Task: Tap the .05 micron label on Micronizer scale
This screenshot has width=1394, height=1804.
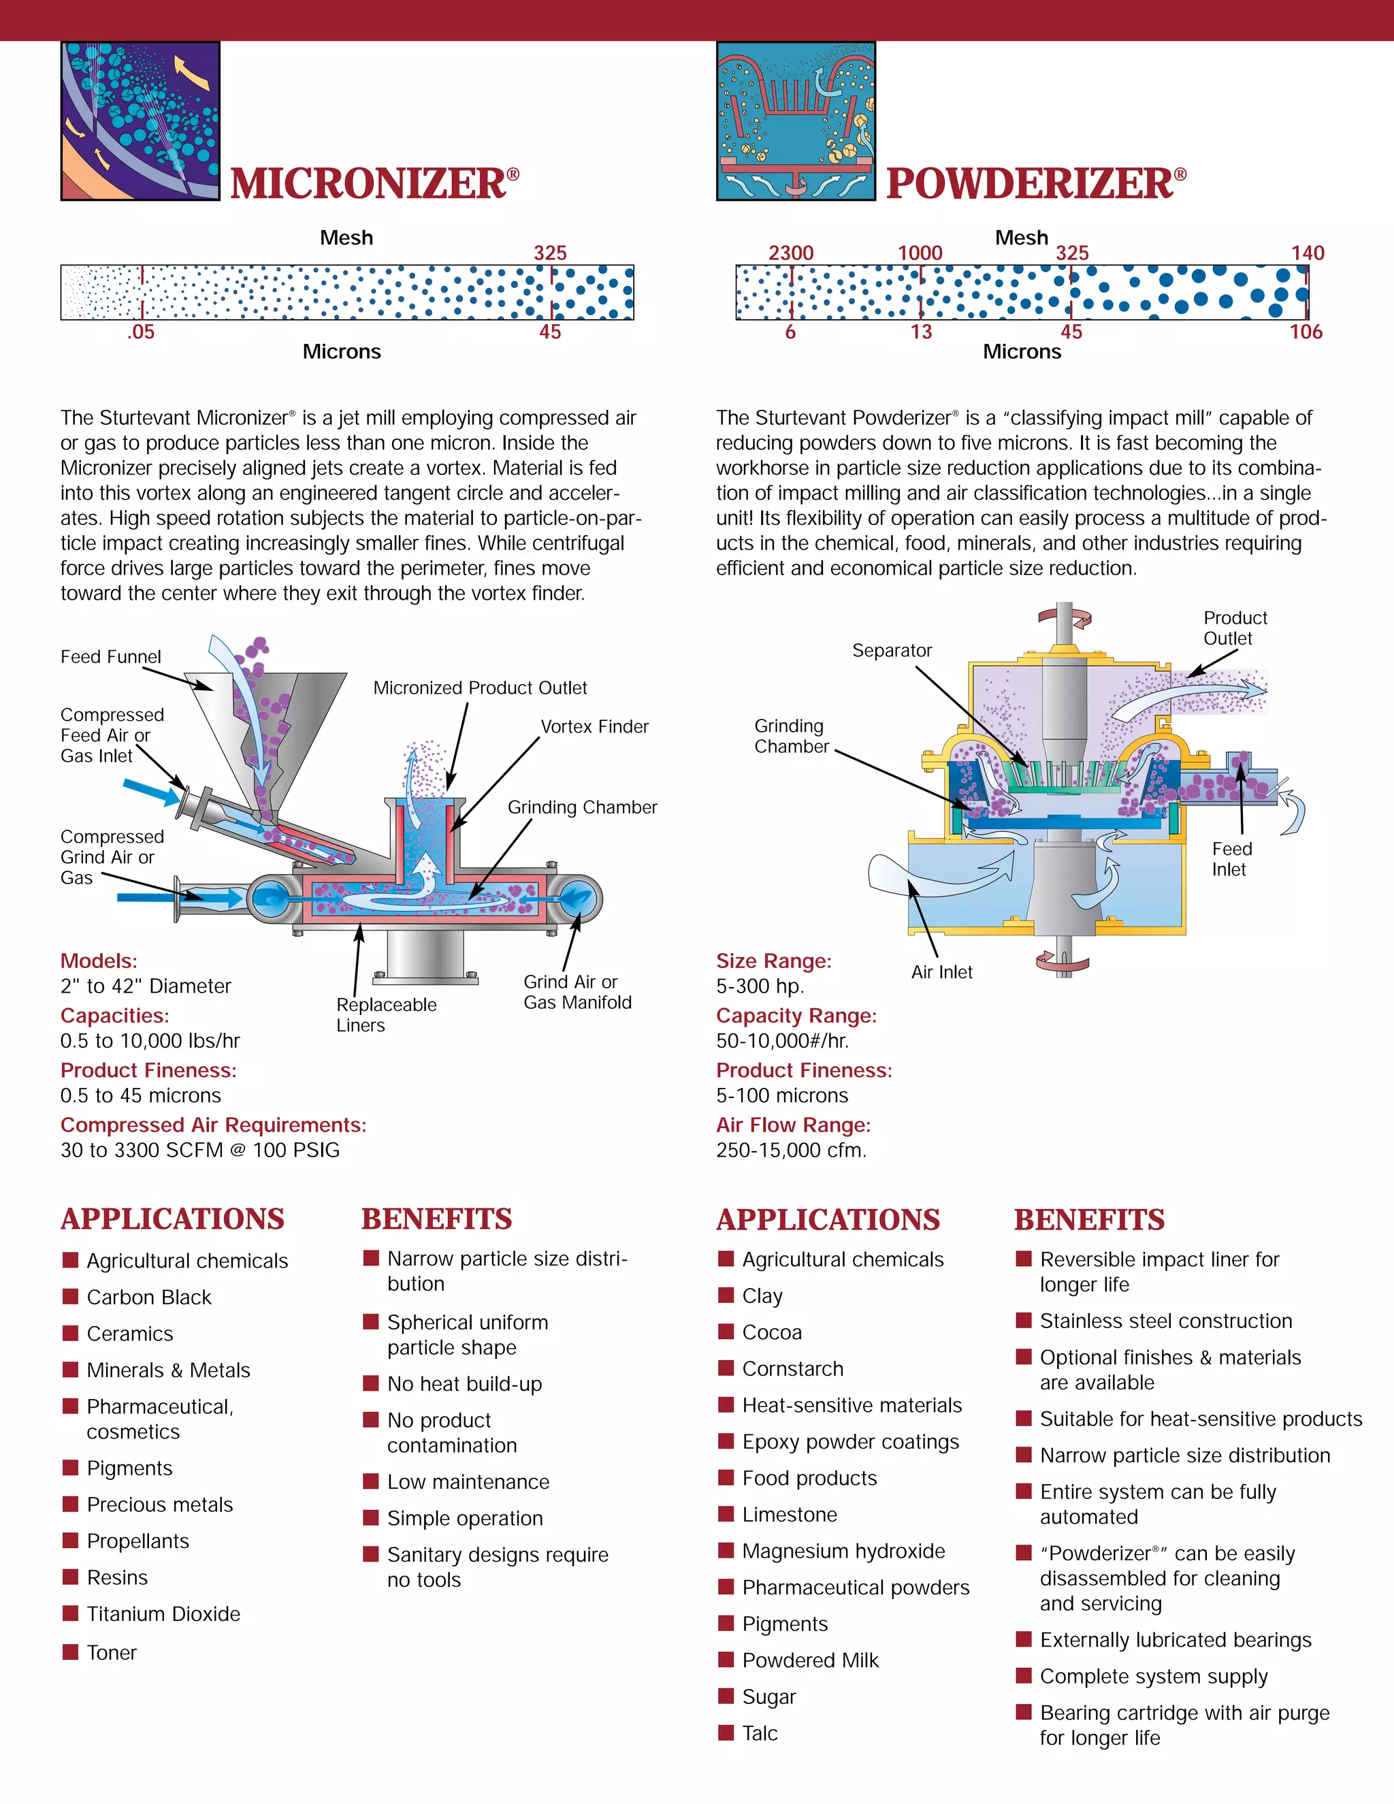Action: coord(141,332)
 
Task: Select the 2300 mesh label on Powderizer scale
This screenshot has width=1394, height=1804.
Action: coord(791,253)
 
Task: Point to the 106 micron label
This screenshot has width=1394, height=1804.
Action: coord(1306,332)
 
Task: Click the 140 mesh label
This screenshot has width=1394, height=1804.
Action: coord(1308,253)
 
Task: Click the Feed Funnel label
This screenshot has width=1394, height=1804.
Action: coord(111,657)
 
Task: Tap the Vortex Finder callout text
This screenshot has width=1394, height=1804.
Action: coord(595,726)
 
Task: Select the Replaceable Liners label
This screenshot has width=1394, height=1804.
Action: coord(386,1014)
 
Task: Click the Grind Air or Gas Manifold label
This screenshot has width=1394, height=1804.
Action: coord(577,991)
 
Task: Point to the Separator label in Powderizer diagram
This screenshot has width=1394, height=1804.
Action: coord(892,650)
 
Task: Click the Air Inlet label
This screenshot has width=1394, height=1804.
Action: coord(941,972)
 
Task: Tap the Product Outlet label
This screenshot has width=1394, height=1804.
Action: coord(1235,628)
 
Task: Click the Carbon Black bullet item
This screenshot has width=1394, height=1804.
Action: coord(148,1297)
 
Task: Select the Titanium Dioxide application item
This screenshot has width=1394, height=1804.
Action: coord(163,1613)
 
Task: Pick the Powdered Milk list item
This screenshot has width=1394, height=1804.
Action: coord(810,1660)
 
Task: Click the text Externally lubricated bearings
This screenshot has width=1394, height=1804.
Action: coord(1175,1640)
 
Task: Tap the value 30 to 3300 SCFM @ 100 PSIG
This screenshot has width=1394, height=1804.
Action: coord(200,1150)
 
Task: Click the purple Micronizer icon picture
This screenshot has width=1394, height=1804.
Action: coord(140,120)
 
